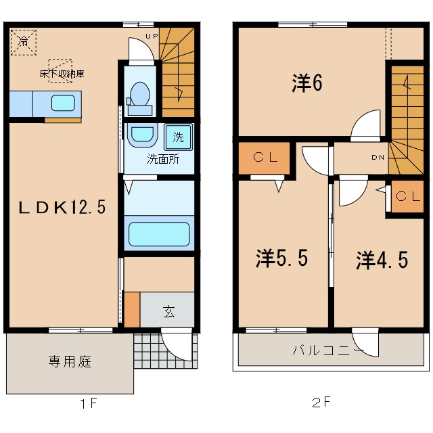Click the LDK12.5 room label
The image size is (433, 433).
pyautogui.click(x=62, y=207)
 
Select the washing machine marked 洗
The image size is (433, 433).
pyautogui.click(x=179, y=137)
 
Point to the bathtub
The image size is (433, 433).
pyautogui.click(x=159, y=233)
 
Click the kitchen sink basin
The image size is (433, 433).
pyautogui.click(x=63, y=103)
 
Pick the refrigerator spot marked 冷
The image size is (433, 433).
pyautogui.click(x=24, y=42)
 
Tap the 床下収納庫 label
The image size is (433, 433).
pyautogui.click(x=62, y=74)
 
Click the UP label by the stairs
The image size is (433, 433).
pyautogui.click(x=152, y=36)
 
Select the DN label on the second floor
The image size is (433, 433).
pyautogui.click(x=378, y=157)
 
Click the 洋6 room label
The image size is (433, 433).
pyautogui.click(x=306, y=83)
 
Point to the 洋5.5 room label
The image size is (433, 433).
pyautogui.click(x=281, y=258)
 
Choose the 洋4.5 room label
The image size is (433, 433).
pyautogui.click(x=382, y=260)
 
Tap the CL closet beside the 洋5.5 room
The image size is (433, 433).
pyautogui.click(x=265, y=158)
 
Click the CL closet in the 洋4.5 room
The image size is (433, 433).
pyautogui.click(x=407, y=196)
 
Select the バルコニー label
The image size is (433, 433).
pyautogui.click(x=328, y=350)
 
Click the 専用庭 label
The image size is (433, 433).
pyautogui.click(x=70, y=361)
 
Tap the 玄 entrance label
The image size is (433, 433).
pyautogui.click(x=168, y=311)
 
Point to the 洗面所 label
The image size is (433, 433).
pyautogui.click(x=163, y=159)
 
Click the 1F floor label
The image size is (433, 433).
pyautogui.click(x=89, y=404)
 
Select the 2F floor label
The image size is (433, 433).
pyautogui.click(x=321, y=402)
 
